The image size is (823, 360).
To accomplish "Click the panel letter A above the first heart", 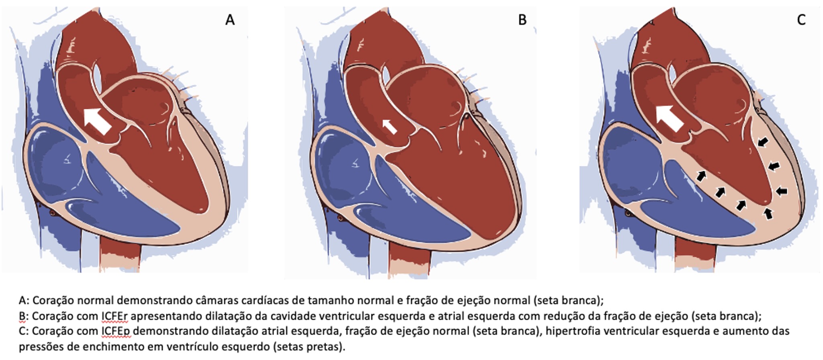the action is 230,19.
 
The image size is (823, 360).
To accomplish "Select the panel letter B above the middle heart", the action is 522,19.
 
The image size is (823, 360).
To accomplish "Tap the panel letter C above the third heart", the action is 801,19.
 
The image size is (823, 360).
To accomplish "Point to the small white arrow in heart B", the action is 389,126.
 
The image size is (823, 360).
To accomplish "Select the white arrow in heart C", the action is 669,119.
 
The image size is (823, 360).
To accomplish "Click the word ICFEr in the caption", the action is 115,316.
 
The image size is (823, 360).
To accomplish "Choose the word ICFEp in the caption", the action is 116,331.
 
